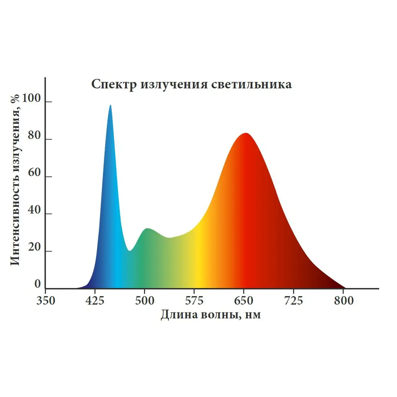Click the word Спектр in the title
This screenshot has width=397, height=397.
tap(114, 85)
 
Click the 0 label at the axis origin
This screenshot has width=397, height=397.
tap(37, 284)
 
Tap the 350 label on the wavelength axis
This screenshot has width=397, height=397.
tap(46, 301)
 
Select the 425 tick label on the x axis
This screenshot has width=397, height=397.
tap(95, 301)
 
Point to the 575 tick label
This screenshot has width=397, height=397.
tap(194, 301)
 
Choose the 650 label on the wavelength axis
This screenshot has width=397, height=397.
tap(244, 301)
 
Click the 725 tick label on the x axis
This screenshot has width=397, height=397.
tap(294, 301)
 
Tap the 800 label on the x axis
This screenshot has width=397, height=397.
tap(343, 301)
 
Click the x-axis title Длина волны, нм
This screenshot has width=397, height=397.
tap(211, 315)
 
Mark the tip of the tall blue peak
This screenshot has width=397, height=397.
tap(110, 105)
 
